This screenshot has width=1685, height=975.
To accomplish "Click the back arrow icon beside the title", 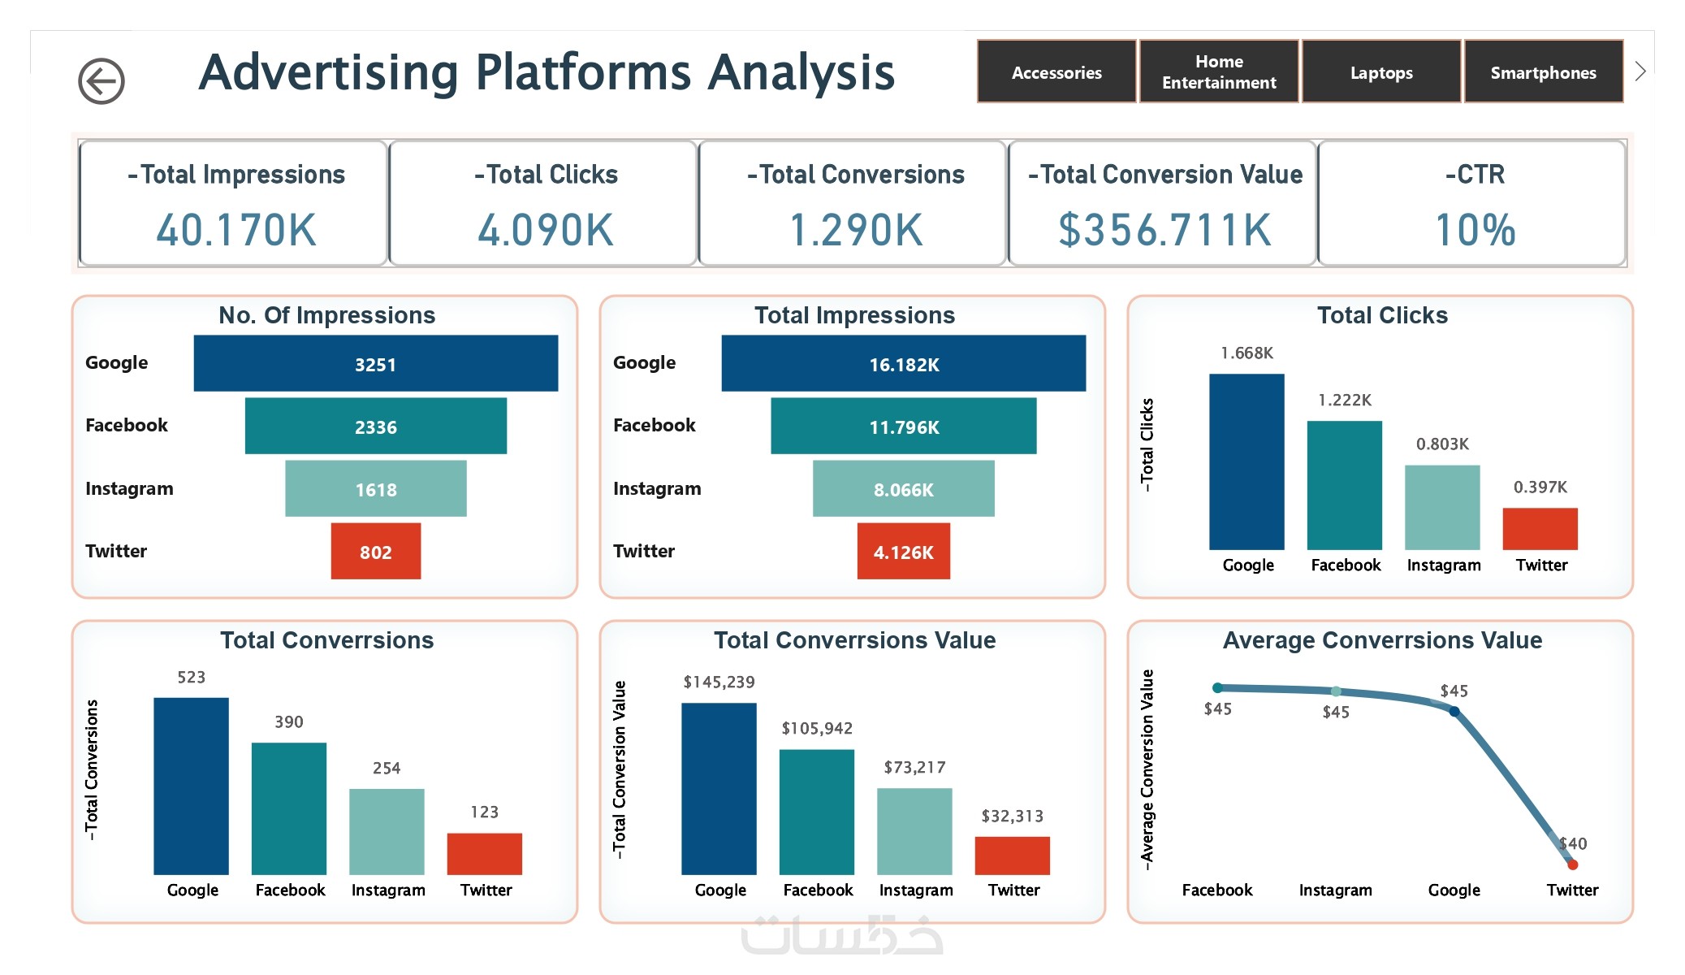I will click(x=102, y=81).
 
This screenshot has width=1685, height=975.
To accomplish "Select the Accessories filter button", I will click(x=1056, y=72).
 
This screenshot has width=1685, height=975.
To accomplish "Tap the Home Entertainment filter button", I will click(x=1219, y=72).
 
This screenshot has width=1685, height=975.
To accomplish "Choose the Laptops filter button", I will click(x=1381, y=72).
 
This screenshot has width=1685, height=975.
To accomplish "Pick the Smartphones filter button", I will click(x=1543, y=72).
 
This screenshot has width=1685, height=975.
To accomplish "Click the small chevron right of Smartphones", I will click(x=1640, y=71).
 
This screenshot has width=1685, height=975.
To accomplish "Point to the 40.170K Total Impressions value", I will click(x=236, y=230).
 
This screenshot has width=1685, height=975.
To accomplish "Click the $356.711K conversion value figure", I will click(x=1164, y=230).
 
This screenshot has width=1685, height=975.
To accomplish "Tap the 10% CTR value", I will click(x=1475, y=230).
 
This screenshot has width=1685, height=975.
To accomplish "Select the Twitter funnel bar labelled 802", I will click(x=376, y=552).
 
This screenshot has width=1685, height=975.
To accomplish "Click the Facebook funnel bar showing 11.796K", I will click(x=904, y=427).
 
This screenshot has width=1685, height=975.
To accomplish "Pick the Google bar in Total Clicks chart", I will click(x=1246, y=461).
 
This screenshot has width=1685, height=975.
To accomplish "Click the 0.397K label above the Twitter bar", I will click(x=1540, y=487).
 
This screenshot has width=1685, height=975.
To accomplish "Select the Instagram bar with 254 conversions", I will click(x=387, y=831).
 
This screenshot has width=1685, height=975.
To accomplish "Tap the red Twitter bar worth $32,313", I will click(x=1012, y=856).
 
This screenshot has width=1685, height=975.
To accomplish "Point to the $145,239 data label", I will click(x=719, y=682).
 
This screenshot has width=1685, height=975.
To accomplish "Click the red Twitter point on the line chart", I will click(x=1572, y=864).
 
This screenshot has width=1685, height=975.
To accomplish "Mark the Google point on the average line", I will click(x=1454, y=712).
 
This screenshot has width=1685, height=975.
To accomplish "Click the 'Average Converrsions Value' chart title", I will click(x=1382, y=640).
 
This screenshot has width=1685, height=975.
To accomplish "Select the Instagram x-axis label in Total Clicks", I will click(x=1443, y=565).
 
